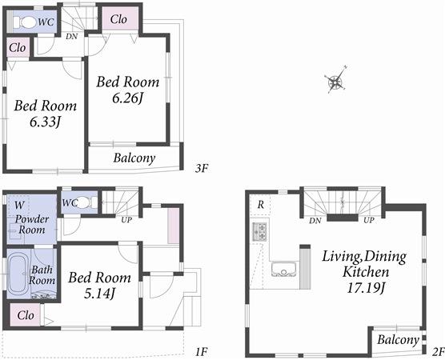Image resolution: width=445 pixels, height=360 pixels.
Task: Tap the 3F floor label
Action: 202,168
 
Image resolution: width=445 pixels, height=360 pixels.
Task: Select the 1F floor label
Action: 202,350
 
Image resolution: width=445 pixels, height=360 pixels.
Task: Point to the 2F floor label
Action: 437,350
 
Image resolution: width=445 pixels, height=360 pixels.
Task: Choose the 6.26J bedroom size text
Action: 128,98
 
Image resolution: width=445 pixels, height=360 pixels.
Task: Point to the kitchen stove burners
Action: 260,232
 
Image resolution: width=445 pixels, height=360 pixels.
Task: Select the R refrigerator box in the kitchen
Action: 260,205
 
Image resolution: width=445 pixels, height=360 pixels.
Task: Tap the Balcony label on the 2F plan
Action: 397,340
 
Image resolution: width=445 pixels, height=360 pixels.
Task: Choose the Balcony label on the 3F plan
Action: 134,158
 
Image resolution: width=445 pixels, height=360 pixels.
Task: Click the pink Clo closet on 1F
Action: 25,315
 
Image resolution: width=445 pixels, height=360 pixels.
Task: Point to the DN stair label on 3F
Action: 71,36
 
